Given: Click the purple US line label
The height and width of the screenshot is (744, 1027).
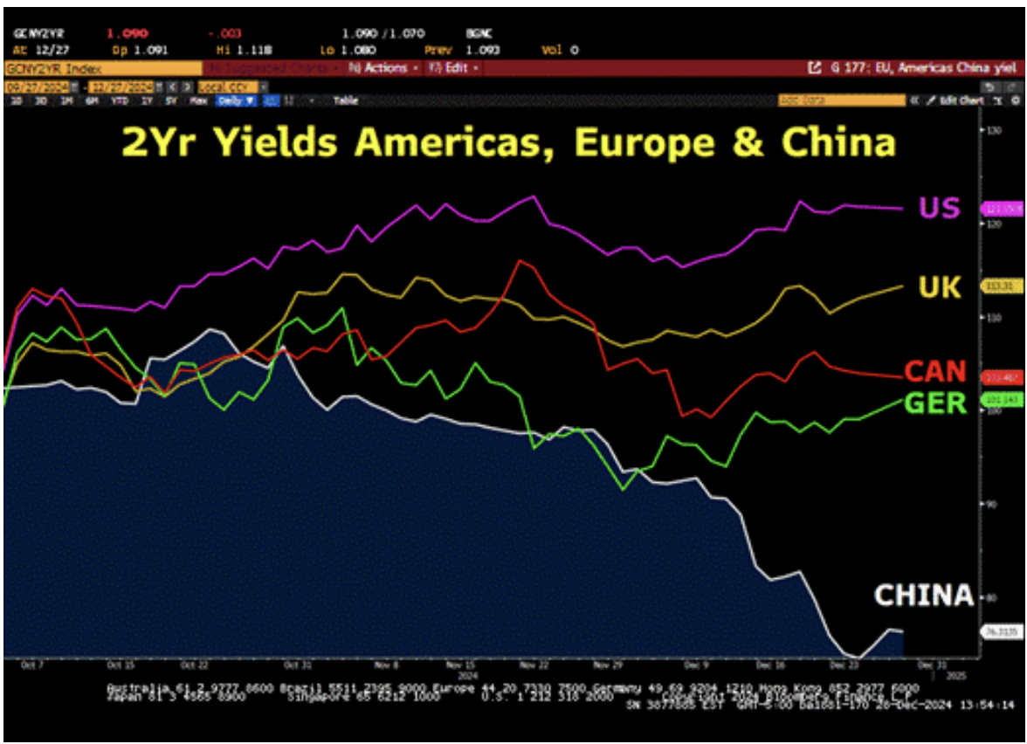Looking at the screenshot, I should (939, 208).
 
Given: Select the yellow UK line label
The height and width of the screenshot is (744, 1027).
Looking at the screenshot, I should (939, 286).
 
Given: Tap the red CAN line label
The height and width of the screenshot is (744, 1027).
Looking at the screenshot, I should (935, 371).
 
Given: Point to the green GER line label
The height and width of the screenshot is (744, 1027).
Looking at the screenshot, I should (935, 403).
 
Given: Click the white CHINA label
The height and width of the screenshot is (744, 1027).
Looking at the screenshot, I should (923, 596).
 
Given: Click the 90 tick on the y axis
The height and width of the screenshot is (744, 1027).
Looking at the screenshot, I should (990, 504).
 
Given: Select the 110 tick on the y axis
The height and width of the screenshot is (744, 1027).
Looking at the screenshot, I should (992, 318).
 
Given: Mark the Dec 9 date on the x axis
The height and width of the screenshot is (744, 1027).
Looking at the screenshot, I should (693, 664).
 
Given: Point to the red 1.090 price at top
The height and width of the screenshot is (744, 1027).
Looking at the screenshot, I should (123, 34).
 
